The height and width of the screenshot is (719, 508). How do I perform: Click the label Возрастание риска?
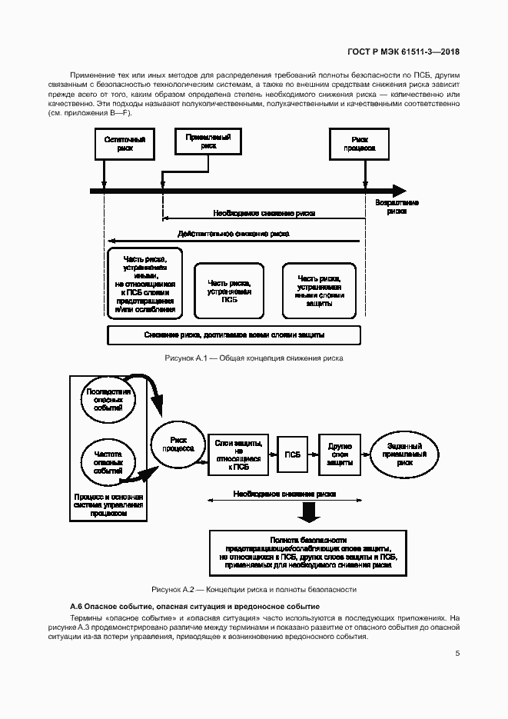(397, 206)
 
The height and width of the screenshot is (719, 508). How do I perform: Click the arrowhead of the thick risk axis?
(399, 191)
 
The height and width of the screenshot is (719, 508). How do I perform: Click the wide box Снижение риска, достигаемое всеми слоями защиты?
(234, 335)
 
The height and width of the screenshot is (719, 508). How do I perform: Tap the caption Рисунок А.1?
(254, 358)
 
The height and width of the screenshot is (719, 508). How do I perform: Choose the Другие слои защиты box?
(339, 454)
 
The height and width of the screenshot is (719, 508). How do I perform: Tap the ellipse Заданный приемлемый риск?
(404, 453)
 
